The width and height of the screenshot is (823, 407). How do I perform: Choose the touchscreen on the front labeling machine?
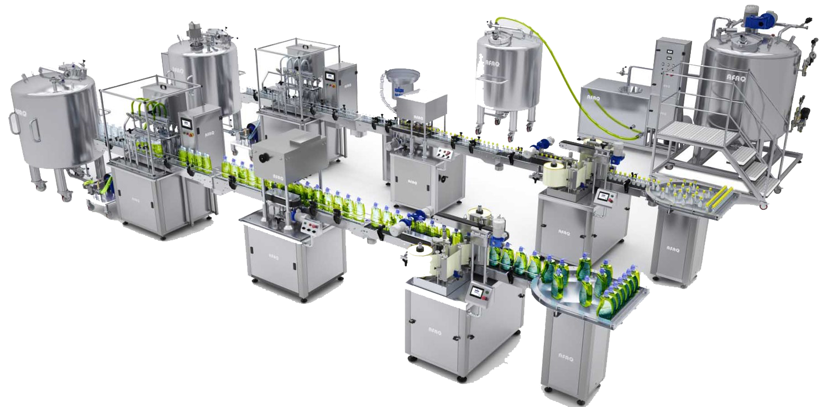pyautogui.click(x=475, y=291)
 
